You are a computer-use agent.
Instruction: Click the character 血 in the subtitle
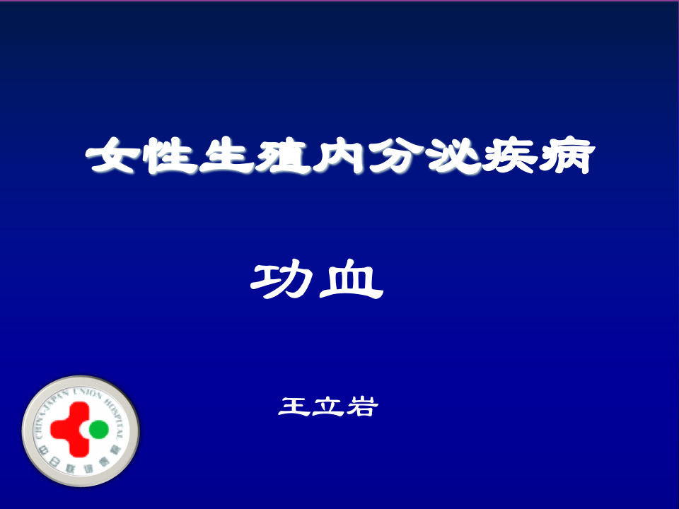(352, 281)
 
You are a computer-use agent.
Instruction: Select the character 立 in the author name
(327, 406)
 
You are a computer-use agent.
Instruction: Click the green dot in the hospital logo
(99, 428)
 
